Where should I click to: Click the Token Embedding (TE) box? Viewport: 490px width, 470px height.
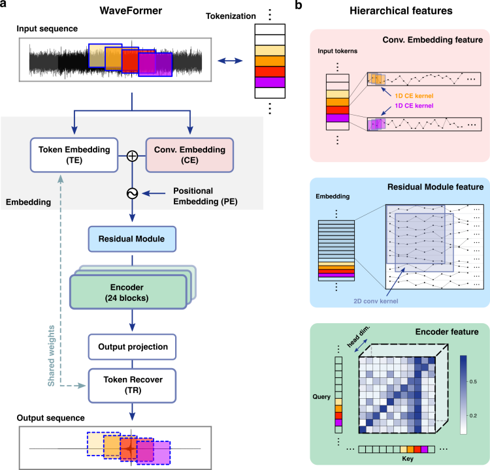coord(73,155)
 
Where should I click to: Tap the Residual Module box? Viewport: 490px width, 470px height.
coord(132,239)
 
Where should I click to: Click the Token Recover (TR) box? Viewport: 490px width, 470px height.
coord(132,384)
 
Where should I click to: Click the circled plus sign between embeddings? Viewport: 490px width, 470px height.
coord(132,156)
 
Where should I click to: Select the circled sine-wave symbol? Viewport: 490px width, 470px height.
coord(132,193)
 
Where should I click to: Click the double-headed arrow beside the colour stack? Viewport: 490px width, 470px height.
coord(229,61)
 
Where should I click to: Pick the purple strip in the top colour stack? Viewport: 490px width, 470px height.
coord(270,82)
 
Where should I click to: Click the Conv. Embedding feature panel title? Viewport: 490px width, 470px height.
coord(432,40)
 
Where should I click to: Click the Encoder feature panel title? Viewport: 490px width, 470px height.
coord(447,332)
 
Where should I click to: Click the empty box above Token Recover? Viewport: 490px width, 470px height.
coord(132,347)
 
